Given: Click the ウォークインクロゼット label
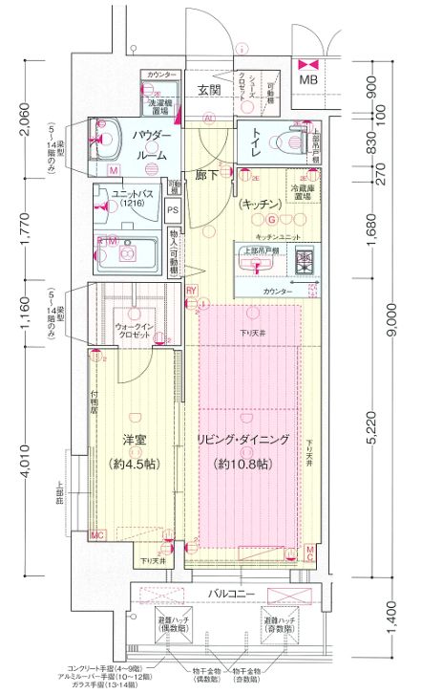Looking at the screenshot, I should click(x=135, y=330).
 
